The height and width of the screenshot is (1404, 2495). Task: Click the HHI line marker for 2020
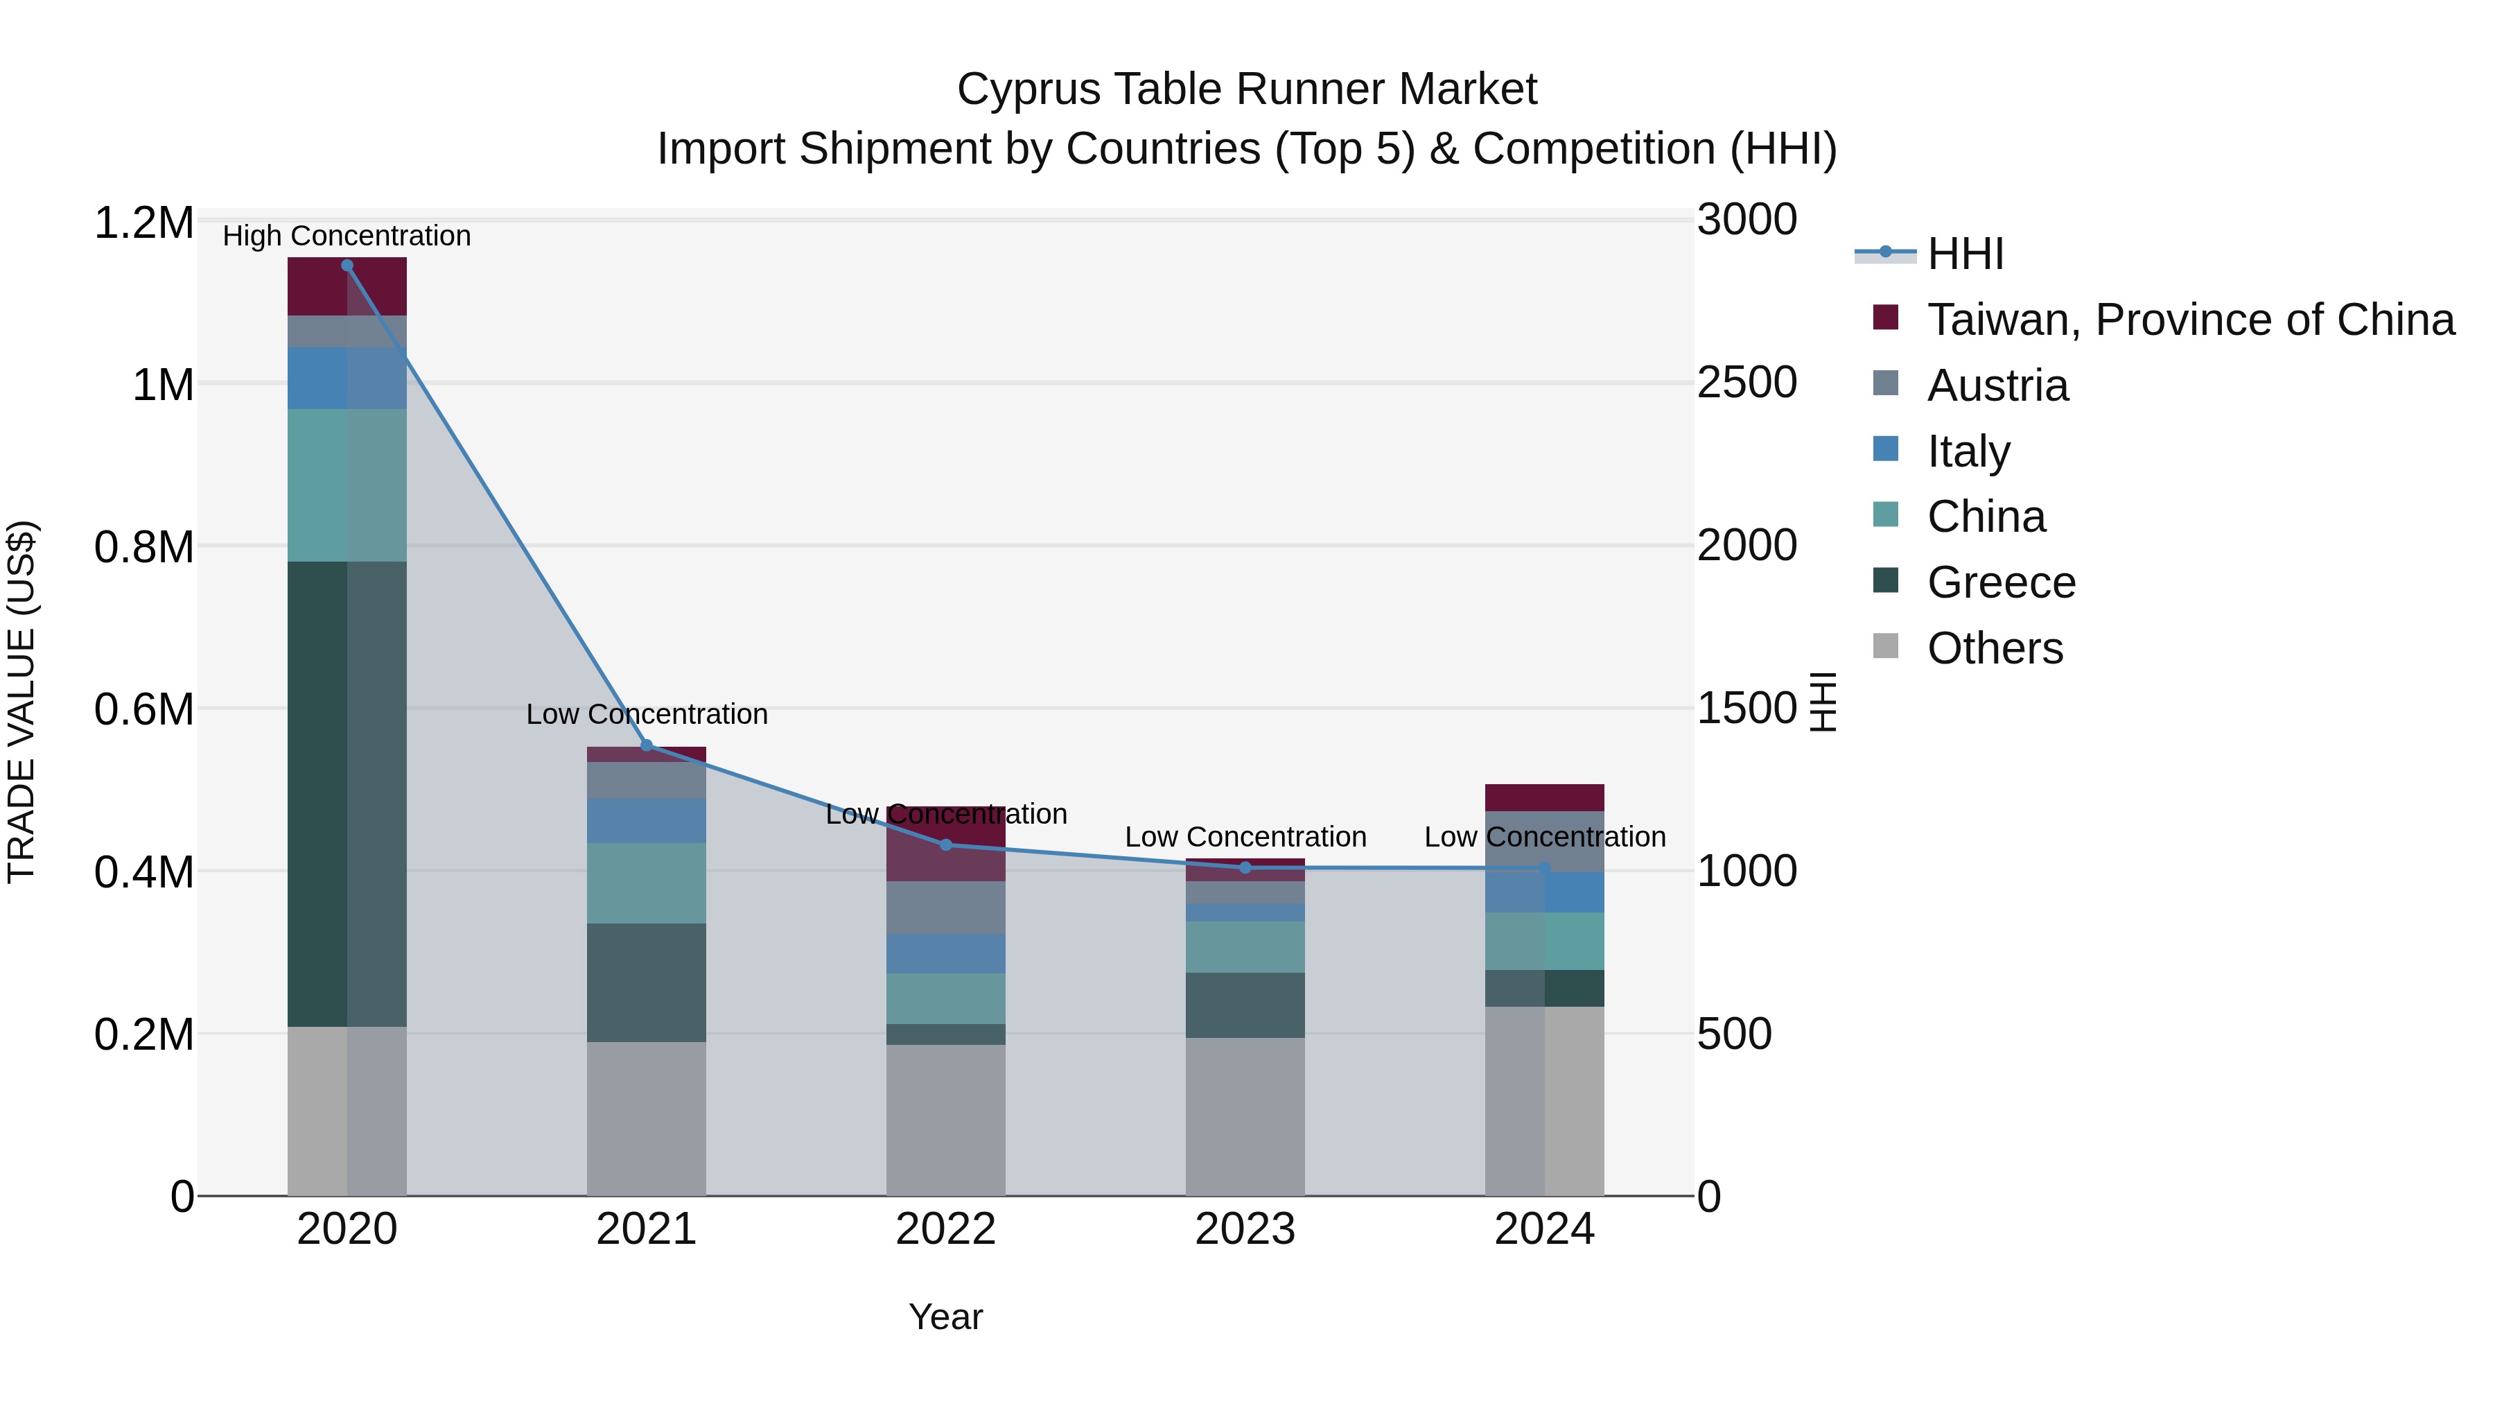347,266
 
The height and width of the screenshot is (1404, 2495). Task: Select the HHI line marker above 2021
647,745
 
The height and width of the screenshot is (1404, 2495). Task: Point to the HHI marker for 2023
1245,867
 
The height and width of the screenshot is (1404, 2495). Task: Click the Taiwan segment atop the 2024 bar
1544,797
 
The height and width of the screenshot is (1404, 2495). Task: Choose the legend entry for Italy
1968,451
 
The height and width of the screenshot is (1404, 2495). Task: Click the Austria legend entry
1997,385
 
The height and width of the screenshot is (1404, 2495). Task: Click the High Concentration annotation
347,236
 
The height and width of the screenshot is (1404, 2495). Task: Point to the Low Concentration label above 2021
647,714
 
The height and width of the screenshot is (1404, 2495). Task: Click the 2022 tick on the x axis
945,1229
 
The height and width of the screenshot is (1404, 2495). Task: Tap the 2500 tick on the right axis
1746,383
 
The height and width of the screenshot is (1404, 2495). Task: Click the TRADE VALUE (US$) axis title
21,700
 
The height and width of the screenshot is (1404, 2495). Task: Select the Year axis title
945,1317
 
